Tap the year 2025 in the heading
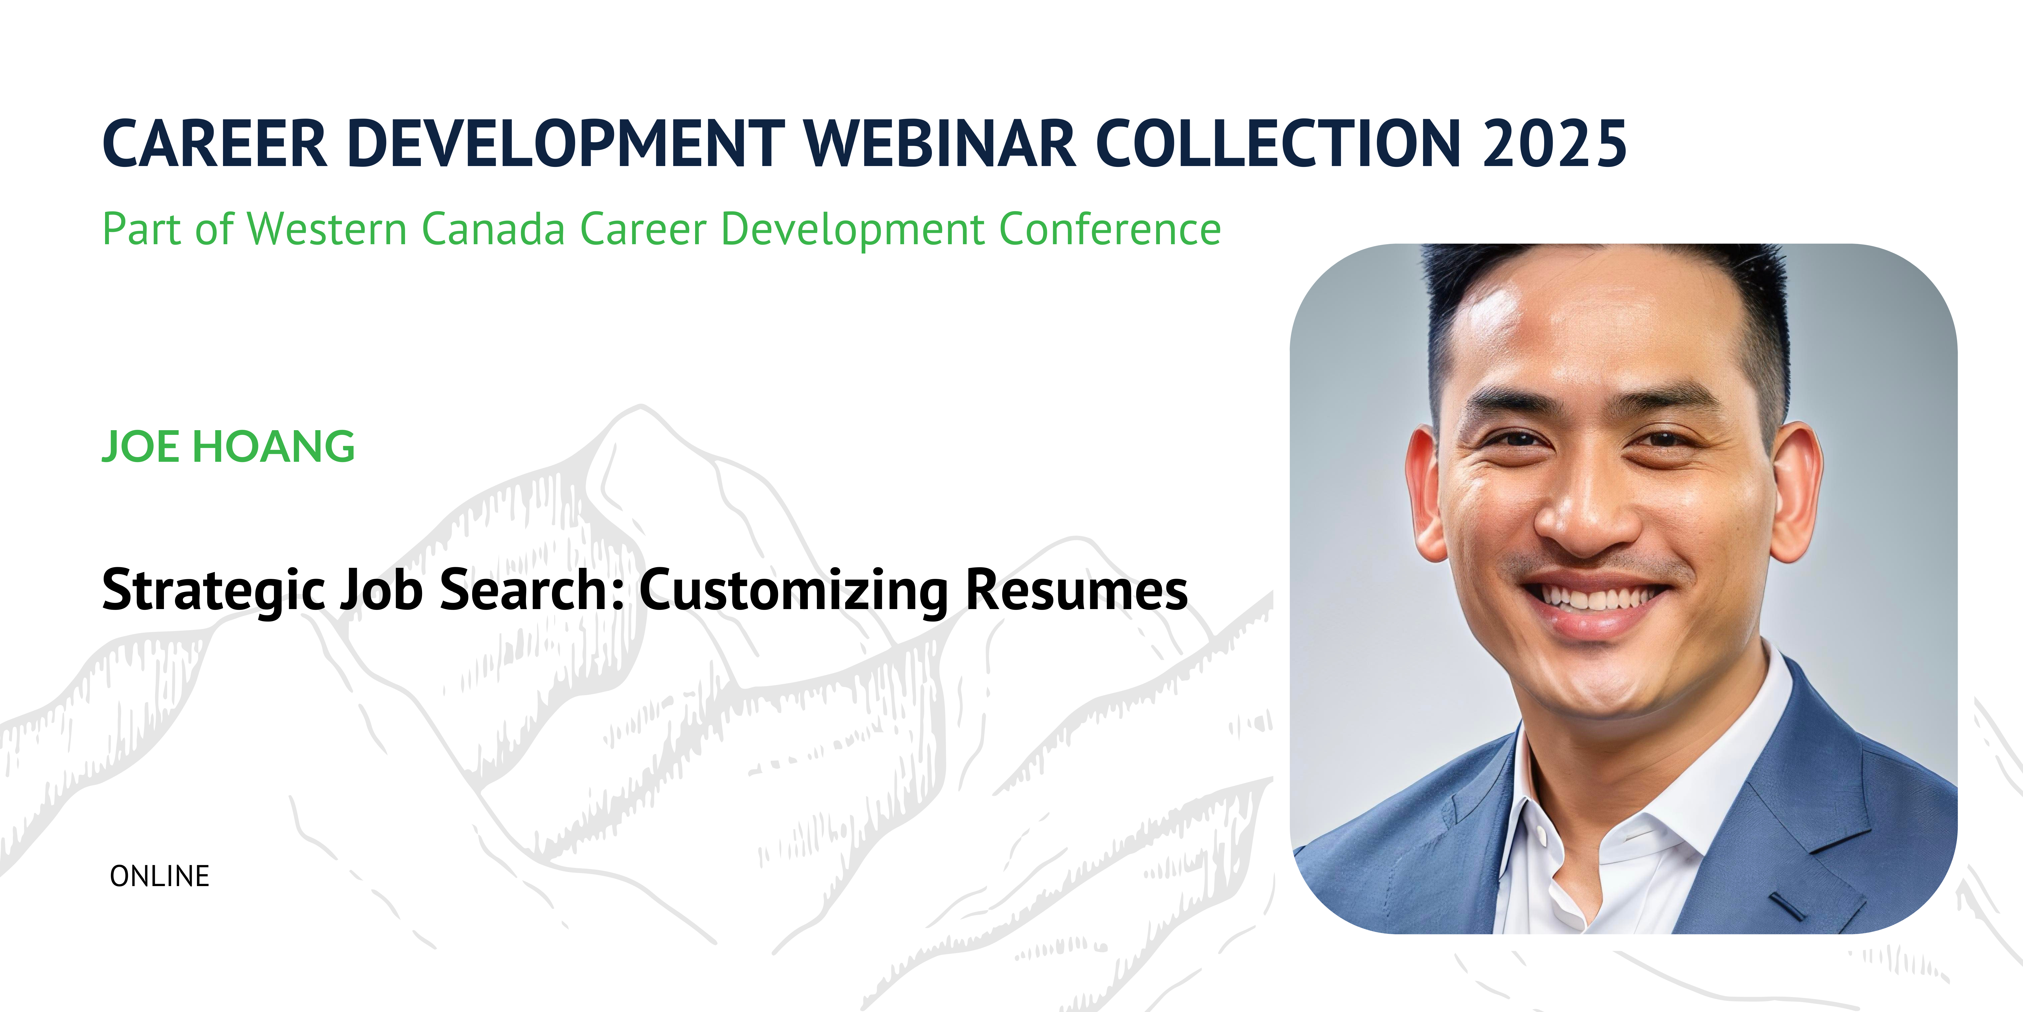coord(1555,144)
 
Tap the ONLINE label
coord(160,876)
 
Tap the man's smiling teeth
coord(1598,597)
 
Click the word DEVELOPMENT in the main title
coord(565,144)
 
